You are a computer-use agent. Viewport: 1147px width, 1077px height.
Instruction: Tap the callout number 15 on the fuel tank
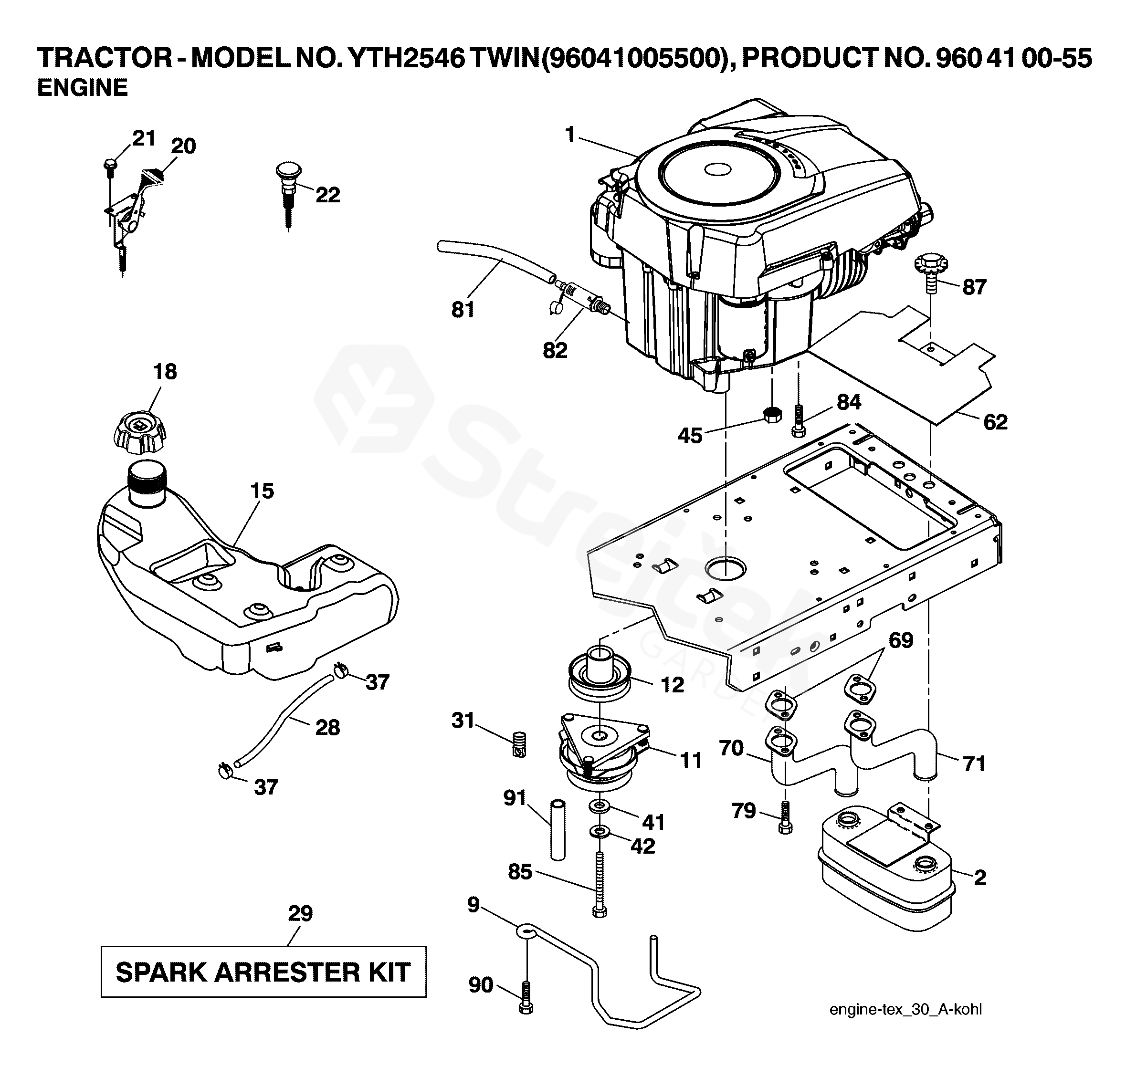[262, 491]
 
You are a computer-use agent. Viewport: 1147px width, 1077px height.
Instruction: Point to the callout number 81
[463, 310]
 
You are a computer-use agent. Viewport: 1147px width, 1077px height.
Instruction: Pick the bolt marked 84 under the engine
[799, 420]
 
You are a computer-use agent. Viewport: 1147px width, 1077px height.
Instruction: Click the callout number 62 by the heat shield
[995, 422]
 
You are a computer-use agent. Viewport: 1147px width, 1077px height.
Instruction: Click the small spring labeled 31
[519, 744]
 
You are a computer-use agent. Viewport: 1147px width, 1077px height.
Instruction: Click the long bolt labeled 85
[600, 885]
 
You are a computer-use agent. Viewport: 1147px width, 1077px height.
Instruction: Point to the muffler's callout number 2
[979, 878]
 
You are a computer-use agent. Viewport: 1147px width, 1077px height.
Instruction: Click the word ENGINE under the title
[83, 88]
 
